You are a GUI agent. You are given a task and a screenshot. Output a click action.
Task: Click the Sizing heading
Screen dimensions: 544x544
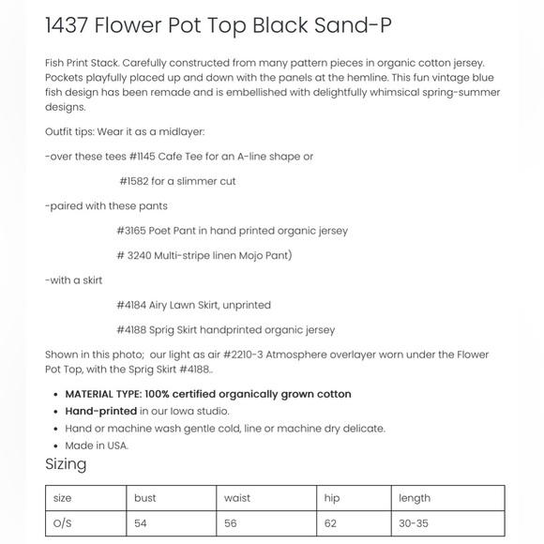tap(66, 464)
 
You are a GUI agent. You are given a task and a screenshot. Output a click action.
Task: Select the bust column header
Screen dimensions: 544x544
tap(145, 498)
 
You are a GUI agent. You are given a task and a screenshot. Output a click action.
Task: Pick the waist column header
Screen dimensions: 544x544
tap(237, 498)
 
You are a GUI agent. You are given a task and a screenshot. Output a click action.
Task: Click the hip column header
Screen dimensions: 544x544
tap(331, 498)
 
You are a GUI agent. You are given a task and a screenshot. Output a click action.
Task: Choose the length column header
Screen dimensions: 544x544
tap(414, 498)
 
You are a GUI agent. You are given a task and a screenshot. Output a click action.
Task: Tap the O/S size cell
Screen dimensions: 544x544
tap(63, 523)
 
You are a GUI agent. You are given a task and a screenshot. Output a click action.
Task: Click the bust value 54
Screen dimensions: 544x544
tap(141, 523)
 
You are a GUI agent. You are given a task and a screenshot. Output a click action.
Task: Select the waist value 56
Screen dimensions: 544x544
tap(232, 523)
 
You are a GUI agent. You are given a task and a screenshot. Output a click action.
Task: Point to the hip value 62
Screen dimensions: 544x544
tap(330, 523)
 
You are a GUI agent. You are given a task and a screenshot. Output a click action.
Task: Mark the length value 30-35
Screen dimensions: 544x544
tap(414, 523)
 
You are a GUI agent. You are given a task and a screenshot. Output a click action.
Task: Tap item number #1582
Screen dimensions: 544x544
tap(134, 181)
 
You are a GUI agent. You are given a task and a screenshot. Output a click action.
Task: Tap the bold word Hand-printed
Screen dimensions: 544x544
tap(100, 411)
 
